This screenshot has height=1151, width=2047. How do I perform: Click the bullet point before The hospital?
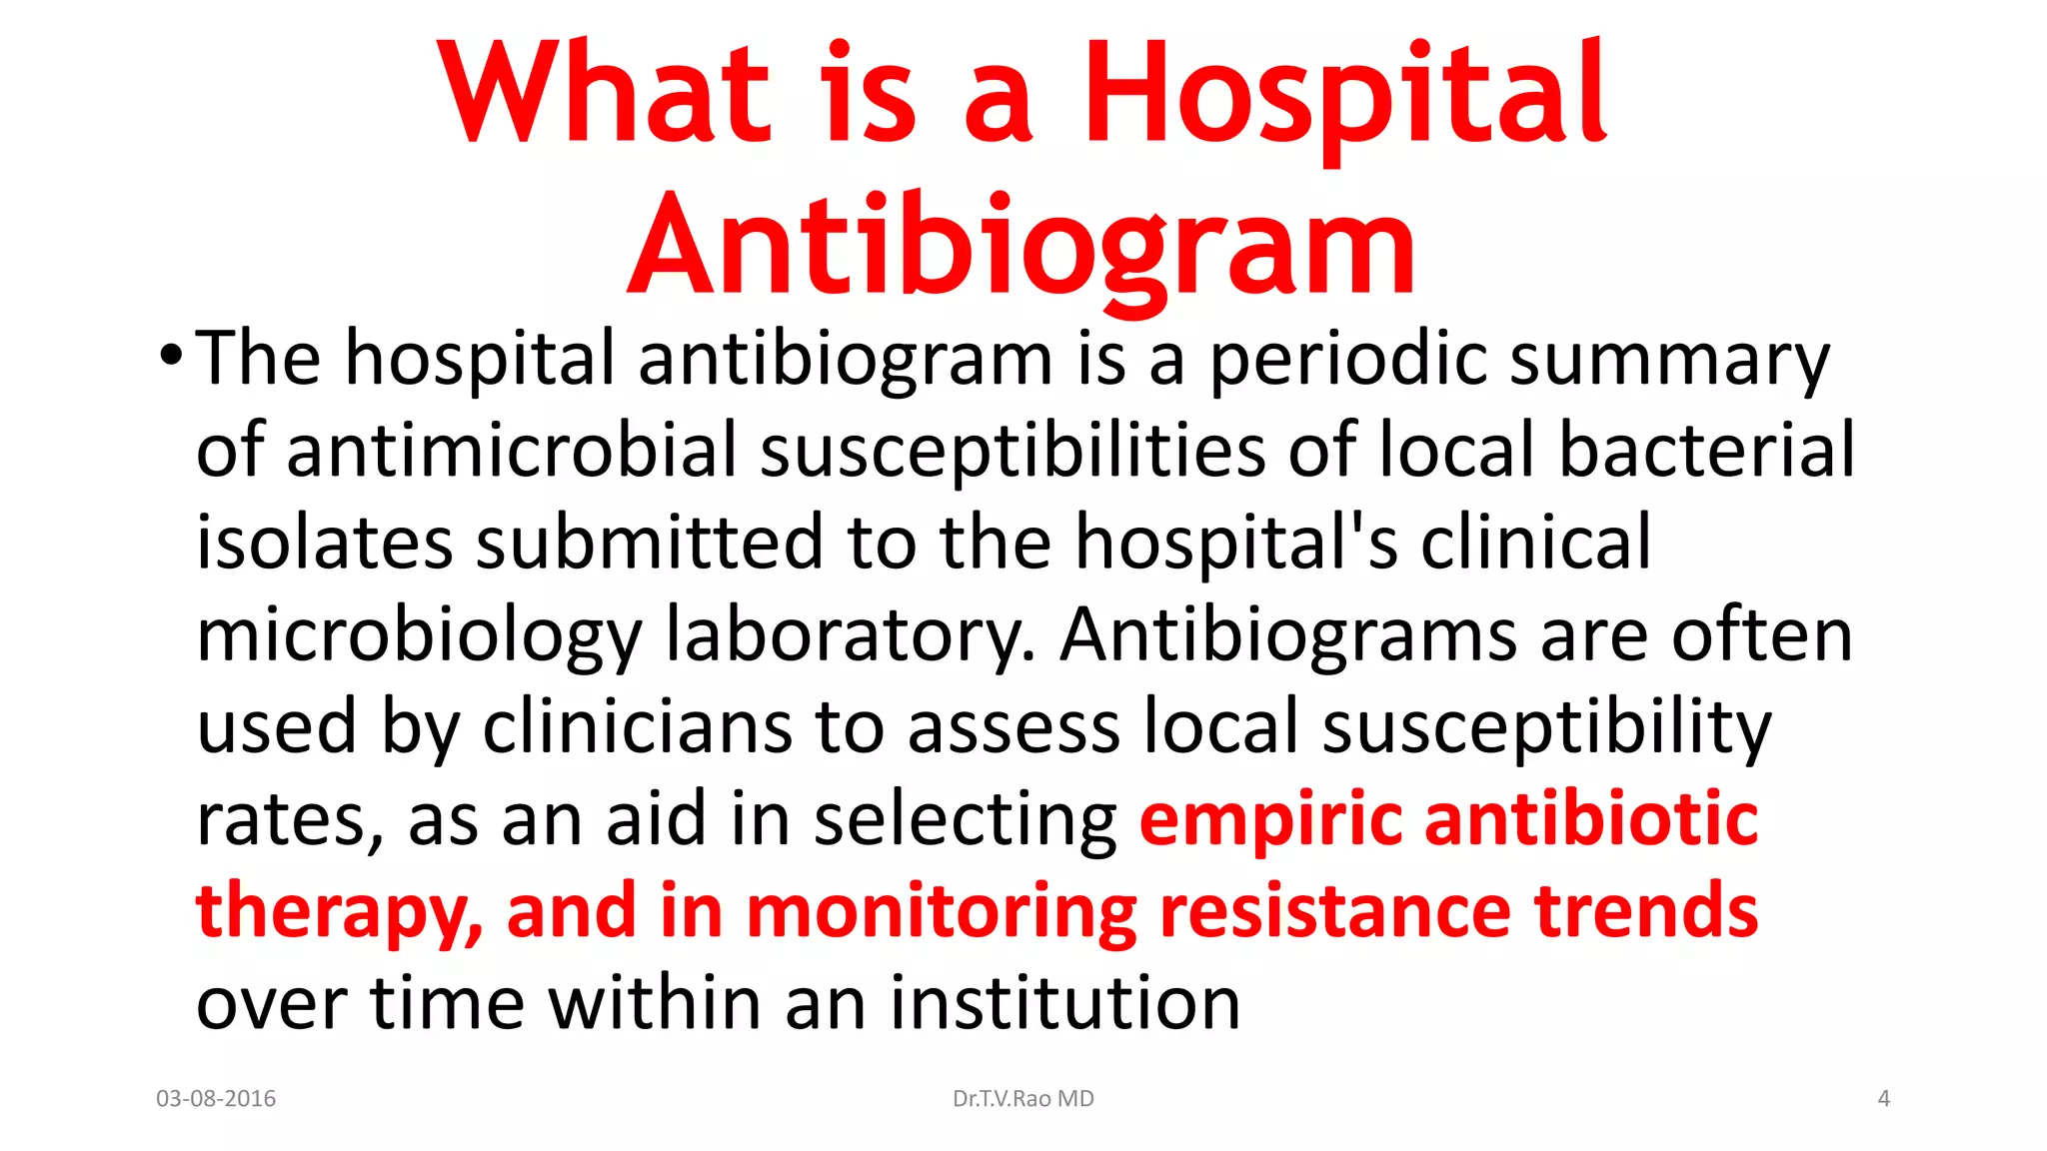click(x=171, y=355)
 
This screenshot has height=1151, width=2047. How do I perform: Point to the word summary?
click(x=1668, y=360)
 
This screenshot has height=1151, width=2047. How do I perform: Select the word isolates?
click(x=324, y=542)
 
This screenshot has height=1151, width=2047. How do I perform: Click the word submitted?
click(x=648, y=542)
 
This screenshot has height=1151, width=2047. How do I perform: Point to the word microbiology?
click(x=420, y=635)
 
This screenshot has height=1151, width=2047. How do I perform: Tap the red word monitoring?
click(x=941, y=911)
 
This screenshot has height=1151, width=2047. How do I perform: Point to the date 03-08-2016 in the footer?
click(x=216, y=1099)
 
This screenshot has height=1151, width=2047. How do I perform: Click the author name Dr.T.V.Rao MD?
click(x=1023, y=1099)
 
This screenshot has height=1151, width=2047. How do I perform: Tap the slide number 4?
click(x=1883, y=1099)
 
